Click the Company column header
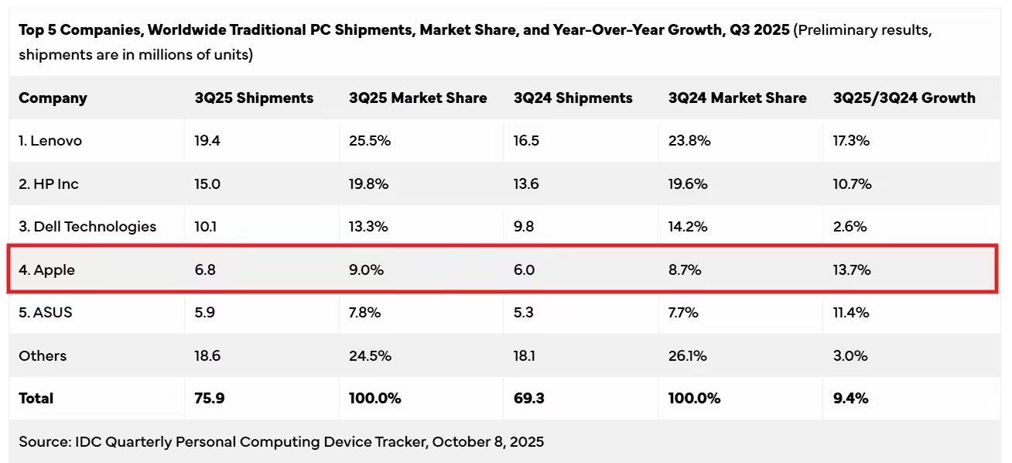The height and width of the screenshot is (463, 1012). (x=53, y=98)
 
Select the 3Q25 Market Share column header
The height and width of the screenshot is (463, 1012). (x=418, y=98)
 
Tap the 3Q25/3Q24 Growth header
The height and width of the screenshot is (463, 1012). (x=904, y=98)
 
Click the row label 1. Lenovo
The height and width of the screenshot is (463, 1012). (x=50, y=141)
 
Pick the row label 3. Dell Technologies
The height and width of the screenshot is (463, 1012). (x=87, y=227)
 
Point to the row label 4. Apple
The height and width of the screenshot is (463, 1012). (x=47, y=270)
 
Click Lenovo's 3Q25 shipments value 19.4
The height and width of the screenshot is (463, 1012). (x=207, y=141)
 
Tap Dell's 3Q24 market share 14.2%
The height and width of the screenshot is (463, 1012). (x=689, y=227)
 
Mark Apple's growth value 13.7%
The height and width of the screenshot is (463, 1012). (x=852, y=270)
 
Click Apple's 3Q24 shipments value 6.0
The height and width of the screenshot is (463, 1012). (x=524, y=270)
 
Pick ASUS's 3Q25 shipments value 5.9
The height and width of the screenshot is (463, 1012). (x=205, y=313)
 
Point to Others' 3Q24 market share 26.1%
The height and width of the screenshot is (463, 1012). (x=689, y=356)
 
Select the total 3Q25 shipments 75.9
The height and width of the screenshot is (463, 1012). (x=209, y=399)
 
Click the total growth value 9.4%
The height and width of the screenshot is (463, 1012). (x=850, y=399)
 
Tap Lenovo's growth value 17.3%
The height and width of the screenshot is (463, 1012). (x=851, y=141)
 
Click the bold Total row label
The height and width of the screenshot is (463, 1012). (x=36, y=399)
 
